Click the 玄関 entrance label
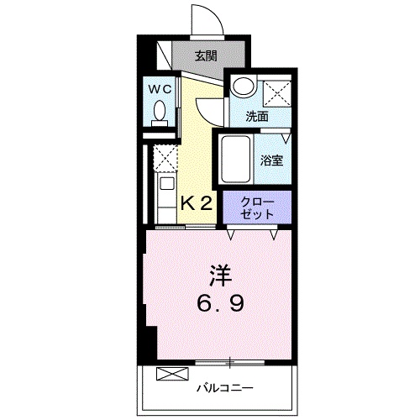tap(207, 57)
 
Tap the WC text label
tap(161, 87)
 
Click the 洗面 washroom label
tap(257, 117)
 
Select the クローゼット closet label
tap(257, 207)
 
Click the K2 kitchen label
tap(197, 202)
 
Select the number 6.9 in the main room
tap(220, 304)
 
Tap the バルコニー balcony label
tap(225, 387)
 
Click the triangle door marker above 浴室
tap(286, 134)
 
